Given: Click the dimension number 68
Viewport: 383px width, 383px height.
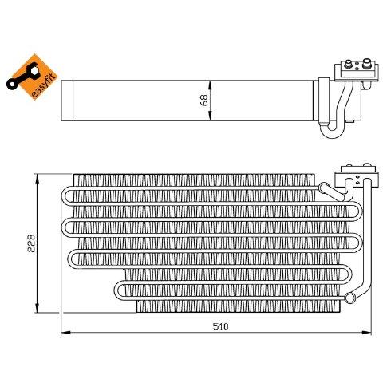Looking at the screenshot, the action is [x=204, y=101].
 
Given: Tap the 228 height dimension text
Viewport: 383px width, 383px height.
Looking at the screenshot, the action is [x=31, y=243].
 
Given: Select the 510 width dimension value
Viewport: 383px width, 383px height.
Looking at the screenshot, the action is [x=220, y=326].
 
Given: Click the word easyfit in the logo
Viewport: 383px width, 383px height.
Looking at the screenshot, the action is [x=45, y=85].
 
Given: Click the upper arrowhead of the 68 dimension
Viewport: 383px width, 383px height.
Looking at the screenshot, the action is [x=210, y=85].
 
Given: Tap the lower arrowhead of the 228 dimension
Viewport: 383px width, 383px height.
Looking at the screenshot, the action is [x=38, y=308].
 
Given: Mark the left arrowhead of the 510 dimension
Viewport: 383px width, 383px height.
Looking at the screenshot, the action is [x=65, y=333].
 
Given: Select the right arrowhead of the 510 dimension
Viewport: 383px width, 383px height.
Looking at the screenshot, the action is [x=366, y=333].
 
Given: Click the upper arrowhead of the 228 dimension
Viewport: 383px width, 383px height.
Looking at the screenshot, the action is [x=38, y=179].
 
